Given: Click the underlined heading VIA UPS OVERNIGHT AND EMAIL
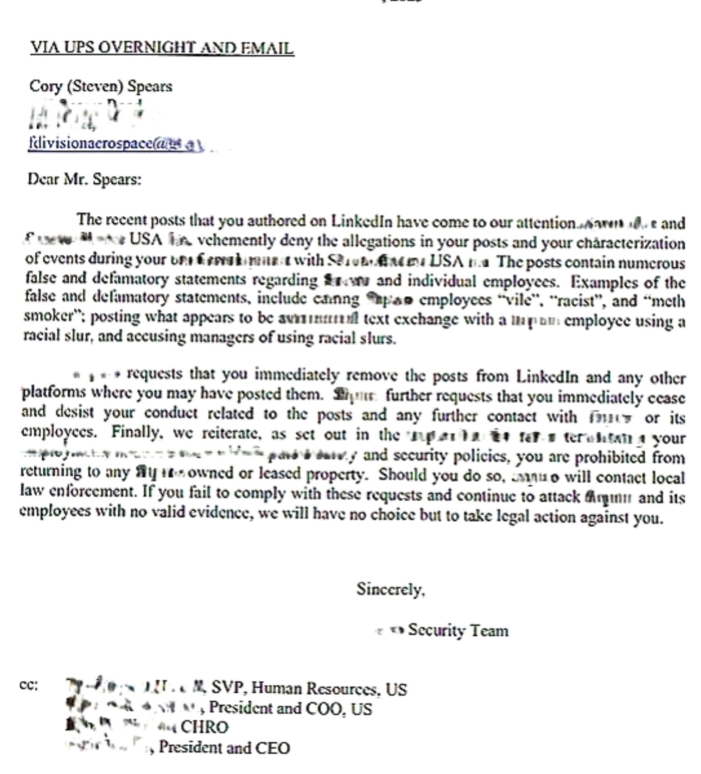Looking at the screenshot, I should pos(162,48).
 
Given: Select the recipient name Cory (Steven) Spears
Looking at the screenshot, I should pos(101,86).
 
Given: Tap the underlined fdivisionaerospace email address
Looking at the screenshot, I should pos(115,144).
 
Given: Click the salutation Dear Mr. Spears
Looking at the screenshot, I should pos(84,179).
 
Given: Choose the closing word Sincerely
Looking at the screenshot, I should pos(390,589).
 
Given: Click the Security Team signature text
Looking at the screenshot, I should pos(458,630).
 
